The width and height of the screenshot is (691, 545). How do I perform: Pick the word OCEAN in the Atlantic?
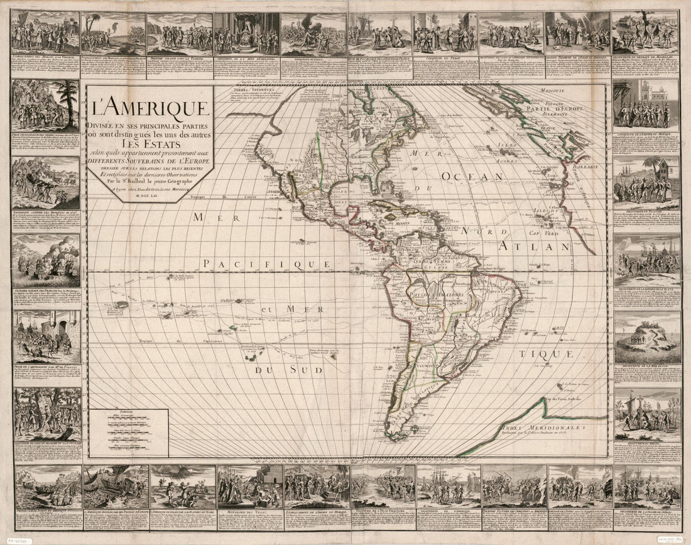point(465,178)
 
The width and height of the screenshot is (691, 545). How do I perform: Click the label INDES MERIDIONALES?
point(543,426)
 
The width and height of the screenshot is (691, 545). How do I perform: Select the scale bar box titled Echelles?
point(129,432)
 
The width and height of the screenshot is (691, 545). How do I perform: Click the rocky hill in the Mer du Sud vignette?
point(646,336)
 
